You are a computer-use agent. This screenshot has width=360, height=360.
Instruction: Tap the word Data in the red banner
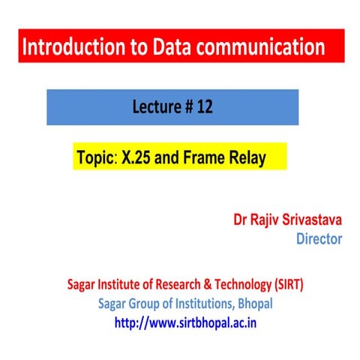tap(173, 49)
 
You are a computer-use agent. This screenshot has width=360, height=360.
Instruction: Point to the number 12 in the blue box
tap(205, 107)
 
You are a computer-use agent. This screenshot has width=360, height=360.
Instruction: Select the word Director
tap(319, 240)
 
